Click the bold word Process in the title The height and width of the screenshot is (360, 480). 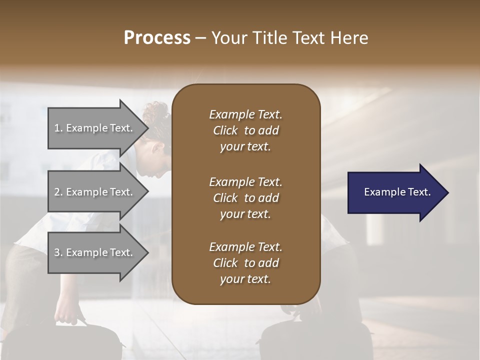(157, 37)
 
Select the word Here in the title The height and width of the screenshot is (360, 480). (349, 37)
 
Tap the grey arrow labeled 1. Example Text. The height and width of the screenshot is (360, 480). (95, 128)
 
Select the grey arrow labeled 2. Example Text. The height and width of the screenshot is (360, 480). (95, 192)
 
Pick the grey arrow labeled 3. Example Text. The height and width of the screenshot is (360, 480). (95, 252)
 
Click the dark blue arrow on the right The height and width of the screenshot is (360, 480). (395, 192)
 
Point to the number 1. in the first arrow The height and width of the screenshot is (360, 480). (58, 128)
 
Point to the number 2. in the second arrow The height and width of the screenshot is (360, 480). (58, 192)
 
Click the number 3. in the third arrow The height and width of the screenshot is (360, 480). (58, 252)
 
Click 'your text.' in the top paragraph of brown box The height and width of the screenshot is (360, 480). (245, 147)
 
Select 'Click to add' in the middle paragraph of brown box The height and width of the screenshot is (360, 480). (245, 198)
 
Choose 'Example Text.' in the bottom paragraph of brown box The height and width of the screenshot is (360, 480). (245, 247)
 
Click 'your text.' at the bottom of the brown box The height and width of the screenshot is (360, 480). (245, 279)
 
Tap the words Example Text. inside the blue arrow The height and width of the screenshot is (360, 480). (397, 192)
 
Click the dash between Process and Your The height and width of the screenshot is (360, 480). (201, 38)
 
